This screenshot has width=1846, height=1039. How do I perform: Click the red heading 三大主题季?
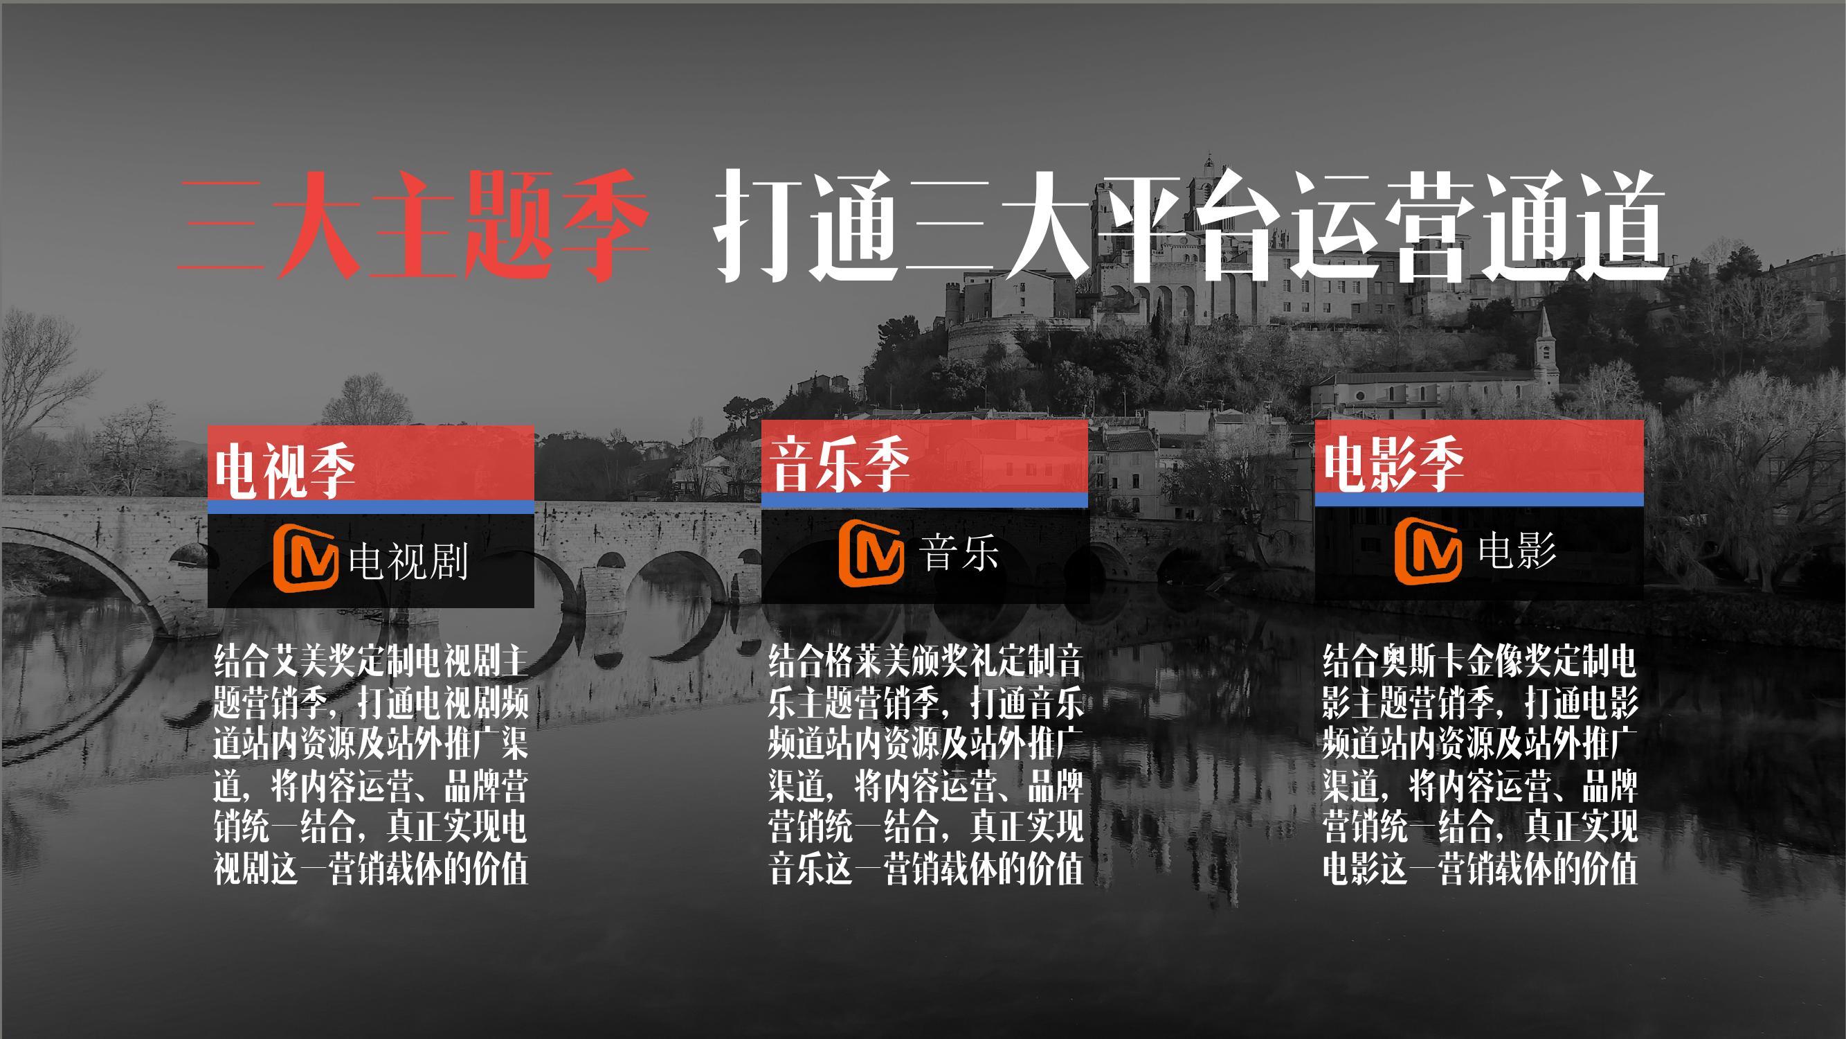[413, 225]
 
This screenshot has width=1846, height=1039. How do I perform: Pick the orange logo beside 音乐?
[871, 553]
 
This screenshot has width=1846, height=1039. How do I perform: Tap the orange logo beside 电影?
[1427, 551]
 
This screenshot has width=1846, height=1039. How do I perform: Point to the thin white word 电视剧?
[408, 561]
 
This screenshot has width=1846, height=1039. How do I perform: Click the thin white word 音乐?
[959, 553]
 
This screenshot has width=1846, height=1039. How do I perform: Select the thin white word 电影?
[1517, 551]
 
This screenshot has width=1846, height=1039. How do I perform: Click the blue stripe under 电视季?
[370, 507]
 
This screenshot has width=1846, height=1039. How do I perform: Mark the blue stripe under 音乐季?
[925, 501]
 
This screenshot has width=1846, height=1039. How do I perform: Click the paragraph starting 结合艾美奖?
[370, 765]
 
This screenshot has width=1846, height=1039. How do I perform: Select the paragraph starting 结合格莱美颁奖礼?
[925, 765]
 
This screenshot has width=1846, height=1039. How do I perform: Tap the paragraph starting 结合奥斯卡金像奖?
[1480, 765]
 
